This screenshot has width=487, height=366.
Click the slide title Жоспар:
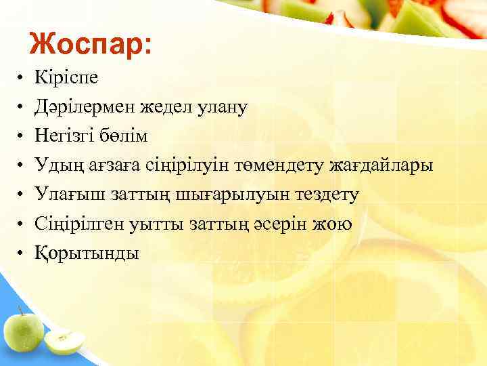[91, 44]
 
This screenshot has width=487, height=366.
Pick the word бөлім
[123, 136]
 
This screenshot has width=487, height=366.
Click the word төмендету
[281, 165]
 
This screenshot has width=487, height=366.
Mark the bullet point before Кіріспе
[22, 78]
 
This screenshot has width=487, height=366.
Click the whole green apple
[23, 330]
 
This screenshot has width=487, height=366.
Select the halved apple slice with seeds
[65, 342]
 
